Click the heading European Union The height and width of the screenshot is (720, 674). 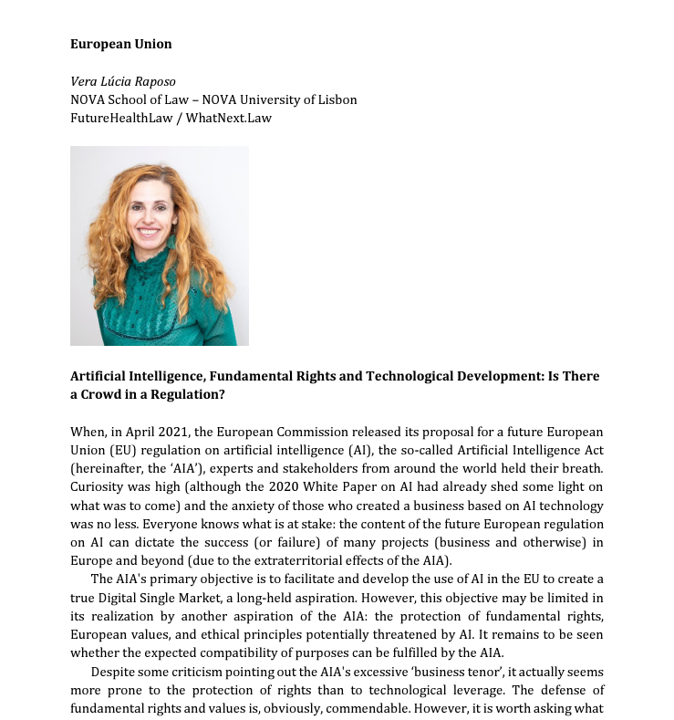120,44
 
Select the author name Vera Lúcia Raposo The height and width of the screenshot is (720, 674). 122,81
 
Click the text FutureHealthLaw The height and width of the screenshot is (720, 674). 122,118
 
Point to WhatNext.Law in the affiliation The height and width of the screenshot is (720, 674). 229,118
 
